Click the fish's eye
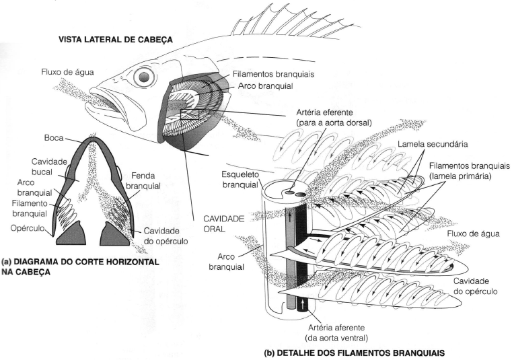pos(144,77)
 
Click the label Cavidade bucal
pos(49,168)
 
